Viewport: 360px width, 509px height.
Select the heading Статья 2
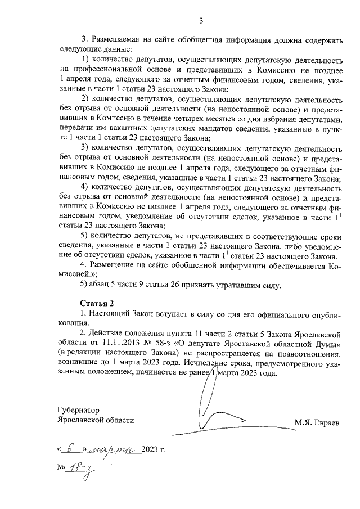point(97,304)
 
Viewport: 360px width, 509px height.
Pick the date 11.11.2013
point(123,343)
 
